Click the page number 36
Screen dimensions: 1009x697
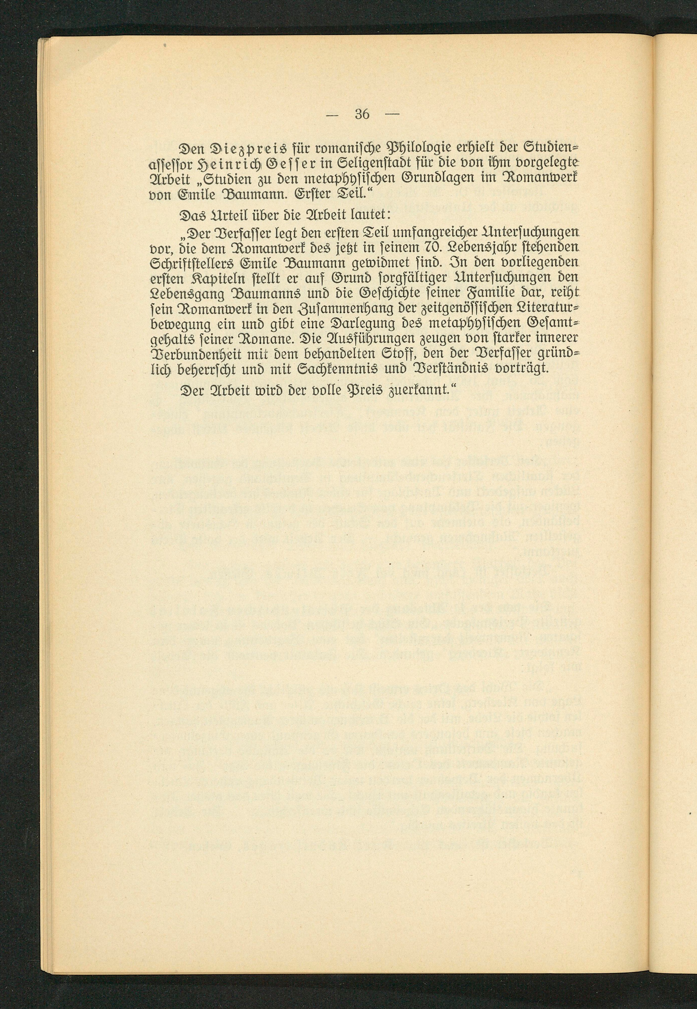[x=362, y=114]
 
